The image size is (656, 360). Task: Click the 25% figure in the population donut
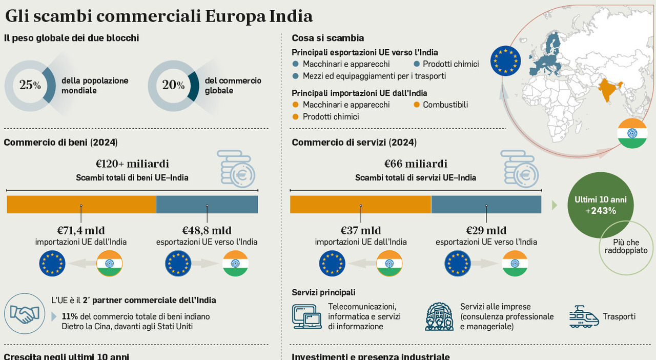pyautogui.click(x=30, y=85)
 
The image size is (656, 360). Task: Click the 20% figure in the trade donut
pyautogui.click(x=173, y=85)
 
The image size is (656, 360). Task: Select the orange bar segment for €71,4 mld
pyautogui.click(x=81, y=204)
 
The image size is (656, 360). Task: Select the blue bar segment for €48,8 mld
pyautogui.click(x=207, y=204)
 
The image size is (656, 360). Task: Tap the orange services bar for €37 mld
pyautogui.click(x=360, y=204)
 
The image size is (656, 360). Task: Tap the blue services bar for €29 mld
pyautogui.click(x=486, y=204)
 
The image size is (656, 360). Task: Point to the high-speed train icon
pyautogui.click(x=584, y=317)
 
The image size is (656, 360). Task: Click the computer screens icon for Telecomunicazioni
pyautogui.click(x=306, y=316)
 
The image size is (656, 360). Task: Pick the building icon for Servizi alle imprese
pyautogui.click(x=439, y=316)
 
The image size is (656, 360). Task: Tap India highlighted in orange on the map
pyautogui.click(x=609, y=90)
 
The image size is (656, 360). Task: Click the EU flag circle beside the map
pyautogui.click(x=505, y=61)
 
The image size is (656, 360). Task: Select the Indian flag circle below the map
pyautogui.click(x=632, y=133)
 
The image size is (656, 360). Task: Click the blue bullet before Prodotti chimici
pyautogui.click(x=417, y=64)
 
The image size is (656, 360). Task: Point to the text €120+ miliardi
pyautogui.click(x=132, y=164)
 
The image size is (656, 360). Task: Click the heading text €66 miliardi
pyautogui.click(x=416, y=164)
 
